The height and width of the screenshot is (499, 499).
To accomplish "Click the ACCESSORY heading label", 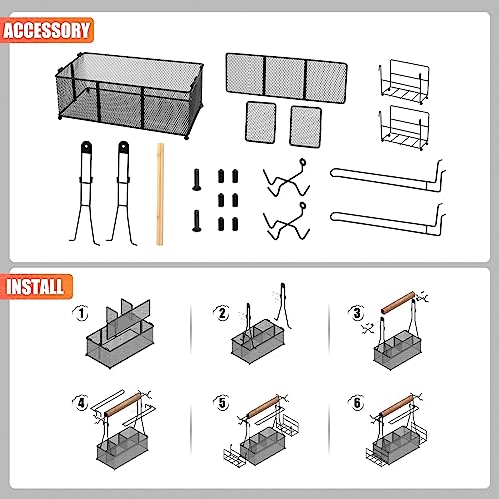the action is [47, 30].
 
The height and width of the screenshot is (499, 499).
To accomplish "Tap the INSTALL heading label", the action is [35, 286].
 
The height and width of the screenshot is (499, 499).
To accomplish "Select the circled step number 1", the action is [81, 313].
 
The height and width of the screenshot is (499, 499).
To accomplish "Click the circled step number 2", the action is [222, 313].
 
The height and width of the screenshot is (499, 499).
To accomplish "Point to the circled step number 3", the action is [357, 313].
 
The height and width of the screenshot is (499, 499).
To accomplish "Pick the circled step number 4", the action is [81, 403].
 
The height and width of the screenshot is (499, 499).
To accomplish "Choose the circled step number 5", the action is [222, 403].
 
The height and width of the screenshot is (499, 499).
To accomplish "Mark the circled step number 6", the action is [357, 403].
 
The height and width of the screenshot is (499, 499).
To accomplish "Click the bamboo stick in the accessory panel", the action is [160, 194].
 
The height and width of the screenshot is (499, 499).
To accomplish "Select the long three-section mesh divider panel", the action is [286, 78].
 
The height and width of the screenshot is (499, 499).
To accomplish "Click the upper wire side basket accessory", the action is [403, 82].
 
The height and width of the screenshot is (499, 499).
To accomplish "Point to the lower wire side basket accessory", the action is [403, 127].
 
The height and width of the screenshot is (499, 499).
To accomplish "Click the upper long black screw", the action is [197, 180].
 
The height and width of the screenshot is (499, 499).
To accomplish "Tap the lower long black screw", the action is [197, 221].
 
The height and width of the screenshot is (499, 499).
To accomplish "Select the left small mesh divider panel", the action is [260, 122].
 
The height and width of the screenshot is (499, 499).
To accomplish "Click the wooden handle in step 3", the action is [398, 302].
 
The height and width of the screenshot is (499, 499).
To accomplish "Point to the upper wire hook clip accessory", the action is [286, 180].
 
